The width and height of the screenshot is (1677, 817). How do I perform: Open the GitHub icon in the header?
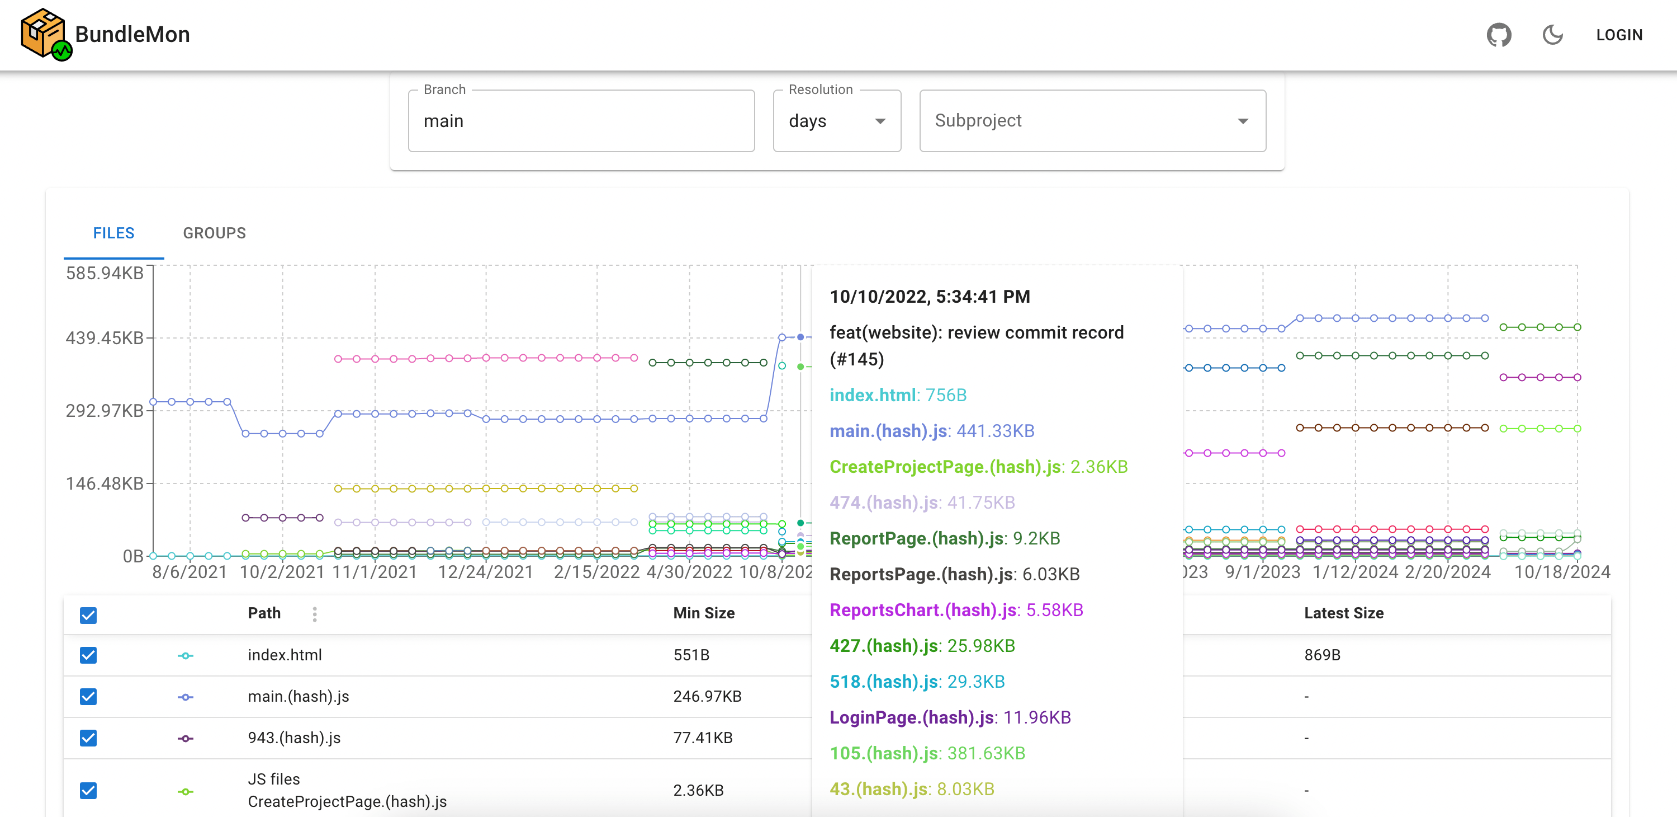1499,35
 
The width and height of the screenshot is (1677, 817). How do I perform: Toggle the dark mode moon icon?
1553,35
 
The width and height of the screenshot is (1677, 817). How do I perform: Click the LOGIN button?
1619,35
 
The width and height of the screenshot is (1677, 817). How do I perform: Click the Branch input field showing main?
581,121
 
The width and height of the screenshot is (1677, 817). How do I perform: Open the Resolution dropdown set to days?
837,121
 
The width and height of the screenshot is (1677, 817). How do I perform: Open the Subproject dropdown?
1092,121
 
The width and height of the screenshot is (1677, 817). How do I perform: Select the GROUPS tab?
214,233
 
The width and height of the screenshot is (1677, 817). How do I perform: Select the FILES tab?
114,233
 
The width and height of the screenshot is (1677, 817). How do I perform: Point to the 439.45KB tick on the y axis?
104,338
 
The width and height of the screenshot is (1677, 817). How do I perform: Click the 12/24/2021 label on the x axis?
485,572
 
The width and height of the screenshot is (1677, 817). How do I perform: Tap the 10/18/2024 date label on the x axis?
1562,572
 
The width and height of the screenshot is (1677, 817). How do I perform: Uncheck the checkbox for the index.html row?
88,655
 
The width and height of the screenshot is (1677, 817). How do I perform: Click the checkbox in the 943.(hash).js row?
88,738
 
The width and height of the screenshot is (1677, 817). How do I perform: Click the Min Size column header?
704,613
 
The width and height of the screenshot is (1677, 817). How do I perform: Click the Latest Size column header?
1344,613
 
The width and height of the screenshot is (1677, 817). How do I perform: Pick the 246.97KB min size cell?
707,697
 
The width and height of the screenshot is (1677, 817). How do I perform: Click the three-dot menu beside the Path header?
314,614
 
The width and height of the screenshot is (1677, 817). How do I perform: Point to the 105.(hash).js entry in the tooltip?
927,753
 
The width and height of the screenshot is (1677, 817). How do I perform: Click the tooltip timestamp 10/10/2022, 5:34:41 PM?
930,297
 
